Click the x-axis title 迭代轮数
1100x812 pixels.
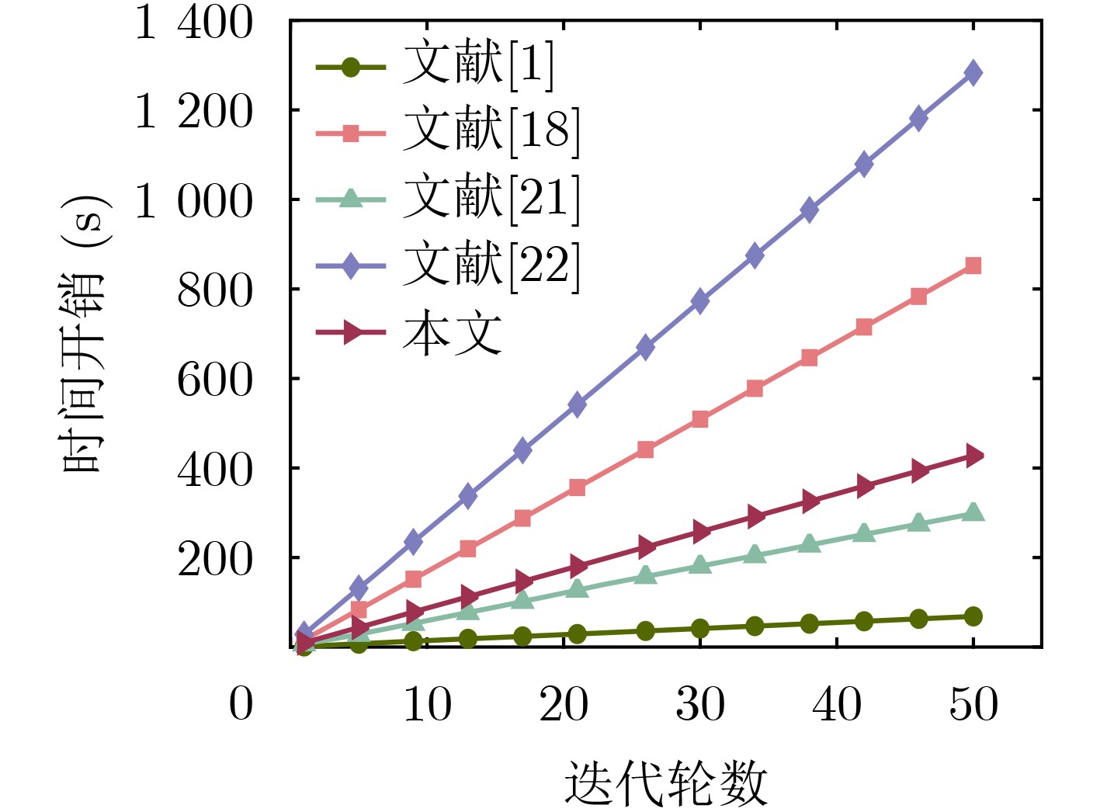click(x=665, y=783)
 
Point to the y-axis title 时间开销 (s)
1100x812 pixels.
click(x=85, y=334)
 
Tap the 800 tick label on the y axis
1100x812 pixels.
click(x=215, y=290)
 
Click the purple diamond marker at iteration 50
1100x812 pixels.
click(x=973, y=73)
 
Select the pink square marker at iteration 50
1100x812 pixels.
click(x=973, y=266)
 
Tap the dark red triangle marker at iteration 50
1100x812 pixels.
click(x=973, y=456)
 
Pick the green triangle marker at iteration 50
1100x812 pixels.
click(x=973, y=512)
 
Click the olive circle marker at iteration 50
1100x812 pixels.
click(x=973, y=616)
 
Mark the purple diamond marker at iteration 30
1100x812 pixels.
click(x=700, y=300)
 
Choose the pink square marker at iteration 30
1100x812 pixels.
click(x=700, y=419)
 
